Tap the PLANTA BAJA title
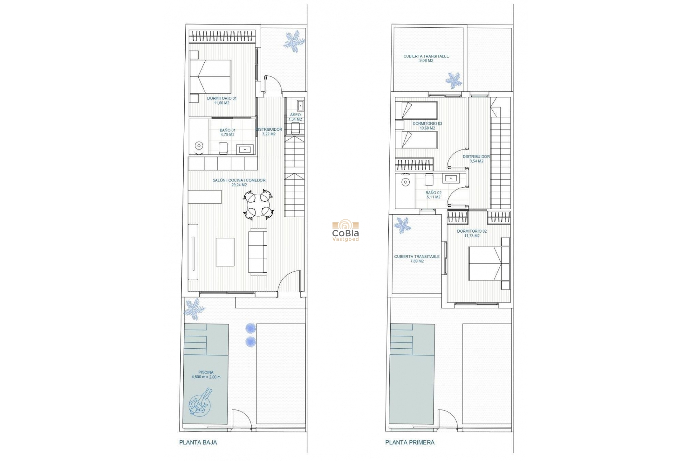(198, 442)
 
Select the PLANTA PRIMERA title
(410, 442)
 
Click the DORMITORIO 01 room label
(222, 100)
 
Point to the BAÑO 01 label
(227, 133)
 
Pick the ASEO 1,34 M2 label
(295, 117)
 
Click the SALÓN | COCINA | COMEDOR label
(239, 183)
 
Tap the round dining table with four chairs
(258, 205)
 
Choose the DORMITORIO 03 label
(427, 126)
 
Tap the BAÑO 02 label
(433, 195)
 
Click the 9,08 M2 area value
(426, 61)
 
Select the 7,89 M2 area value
(417, 261)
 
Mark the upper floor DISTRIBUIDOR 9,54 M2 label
(476, 159)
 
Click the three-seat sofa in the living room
(258, 251)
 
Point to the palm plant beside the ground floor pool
(194, 309)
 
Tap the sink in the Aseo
(301, 106)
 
